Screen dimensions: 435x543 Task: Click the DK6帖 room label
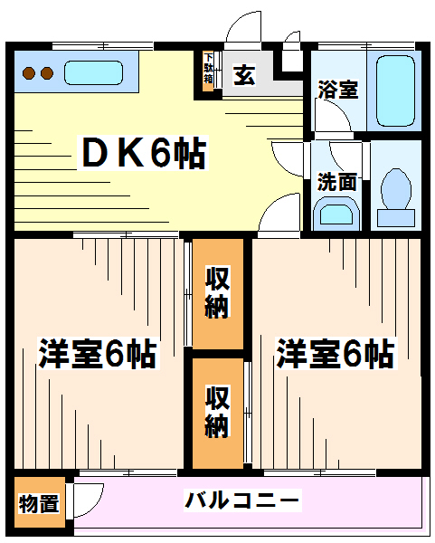click(x=143, y=153)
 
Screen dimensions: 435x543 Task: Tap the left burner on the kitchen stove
click(x=29, y=73)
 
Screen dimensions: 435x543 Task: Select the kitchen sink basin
click(x=93, y=72)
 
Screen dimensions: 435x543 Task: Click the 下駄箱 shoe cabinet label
click(x=208, y=68)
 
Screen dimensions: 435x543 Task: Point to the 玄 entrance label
click(x=245, y=75)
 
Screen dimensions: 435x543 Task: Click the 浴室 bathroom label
click(x=337, y=90)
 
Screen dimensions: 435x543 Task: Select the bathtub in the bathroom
click(x=395, y=90)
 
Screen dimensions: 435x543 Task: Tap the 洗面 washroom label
click(x=336, y=182)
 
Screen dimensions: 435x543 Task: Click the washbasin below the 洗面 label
click(x=336, y=214)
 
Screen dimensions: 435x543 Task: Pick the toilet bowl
click(x=396, y=189)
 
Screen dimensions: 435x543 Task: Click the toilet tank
click(x=396, y=218)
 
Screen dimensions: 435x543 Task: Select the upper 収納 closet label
click(x=218, y=292)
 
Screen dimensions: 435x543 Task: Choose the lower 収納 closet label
click(x=217, y=412)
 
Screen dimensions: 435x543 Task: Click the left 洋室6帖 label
click(x=98, y=354)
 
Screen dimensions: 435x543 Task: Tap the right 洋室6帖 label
click(x=335, y=354)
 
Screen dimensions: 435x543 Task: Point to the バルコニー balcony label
click(x=241, y=500)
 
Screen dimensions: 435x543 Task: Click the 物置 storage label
click(x=39, y=503)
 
